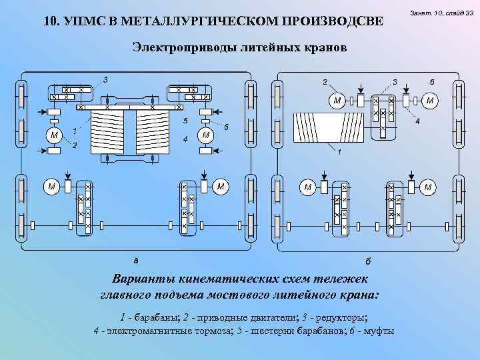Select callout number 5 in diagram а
185,121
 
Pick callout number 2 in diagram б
325,83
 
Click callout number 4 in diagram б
417,122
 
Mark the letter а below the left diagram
135,259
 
